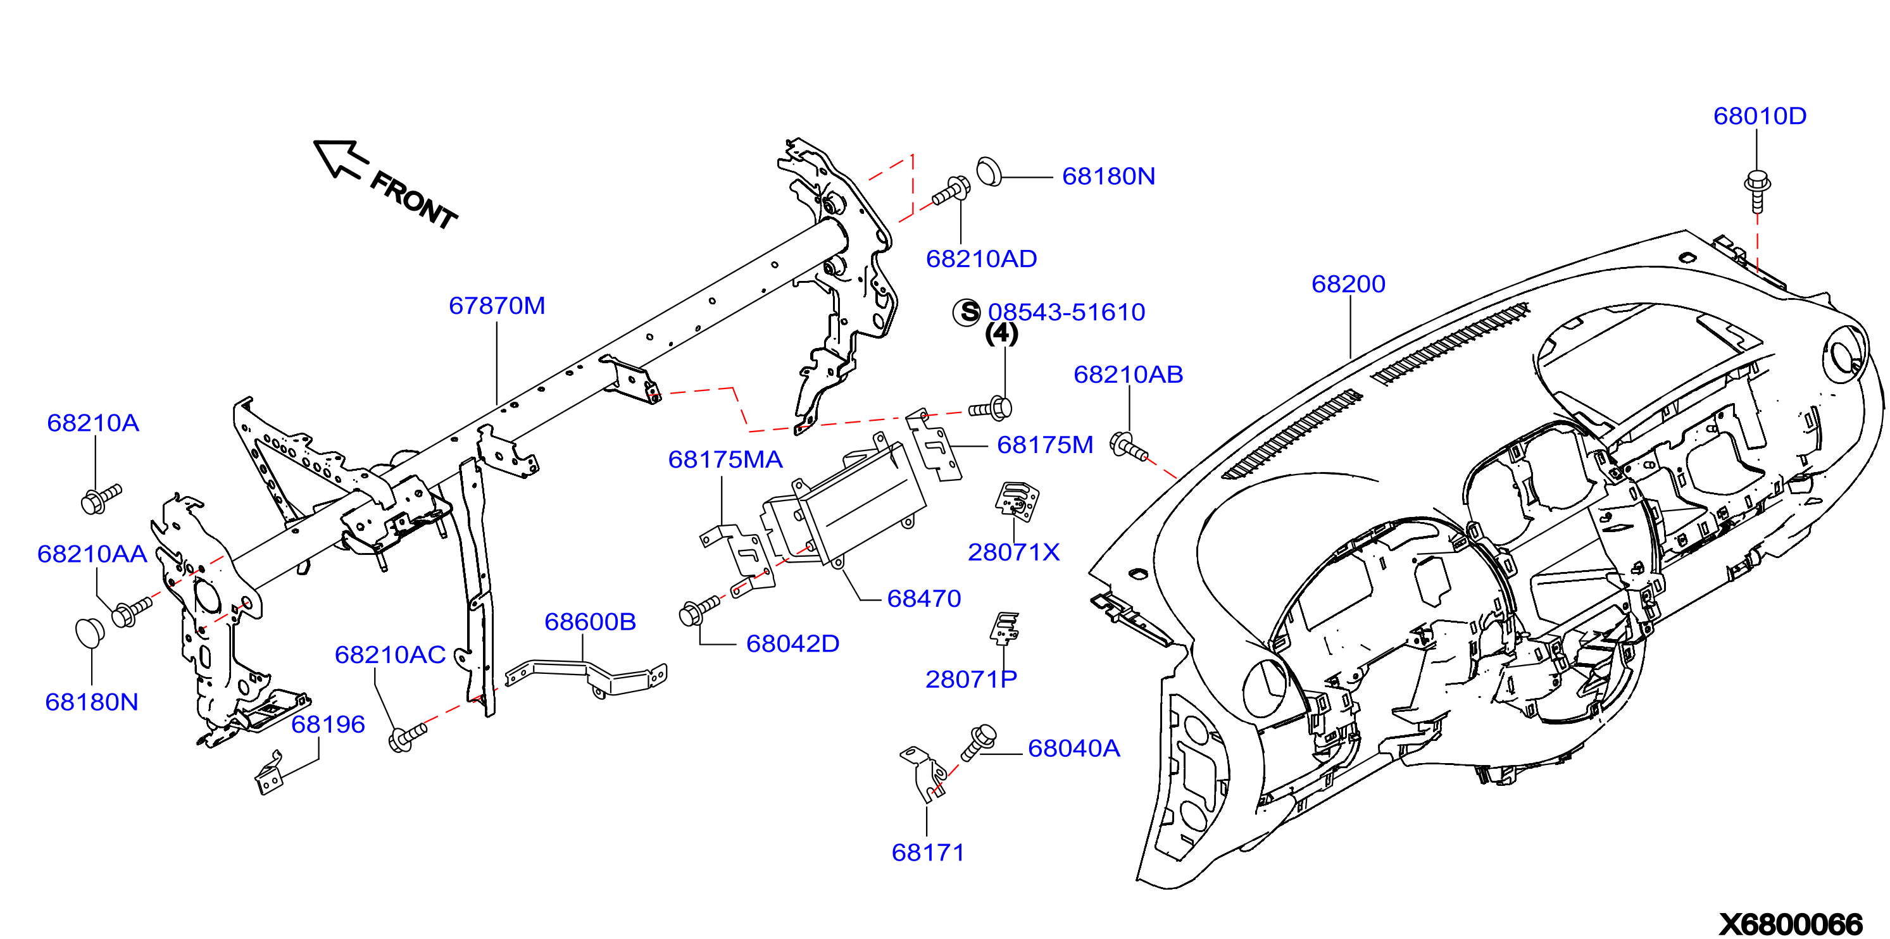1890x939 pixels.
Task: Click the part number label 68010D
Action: pos(1760,116)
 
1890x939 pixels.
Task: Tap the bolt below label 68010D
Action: pos(1757,190)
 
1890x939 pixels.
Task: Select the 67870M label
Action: pos(497,305)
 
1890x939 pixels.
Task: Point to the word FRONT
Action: pos(413,199)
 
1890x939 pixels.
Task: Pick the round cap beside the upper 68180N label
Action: pos(989,171)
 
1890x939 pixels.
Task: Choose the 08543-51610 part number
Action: pos(1066,312)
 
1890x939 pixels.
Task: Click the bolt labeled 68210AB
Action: pos(1129,446)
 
